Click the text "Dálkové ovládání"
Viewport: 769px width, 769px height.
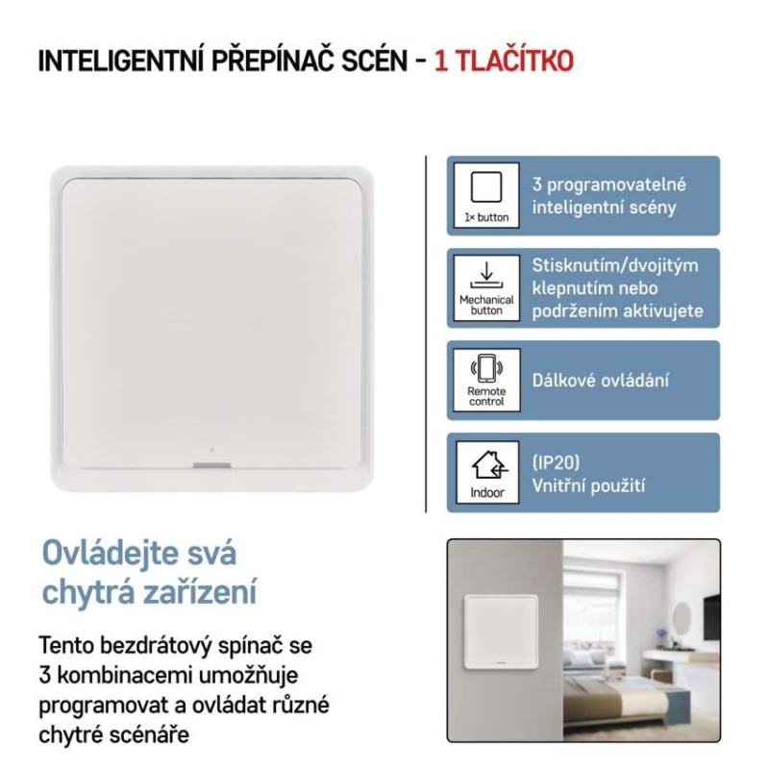[601, 380]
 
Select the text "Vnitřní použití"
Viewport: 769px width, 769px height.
[588, 486]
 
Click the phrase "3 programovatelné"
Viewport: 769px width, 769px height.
[609, 186]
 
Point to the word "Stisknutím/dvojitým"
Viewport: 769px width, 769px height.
[615, 265]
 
